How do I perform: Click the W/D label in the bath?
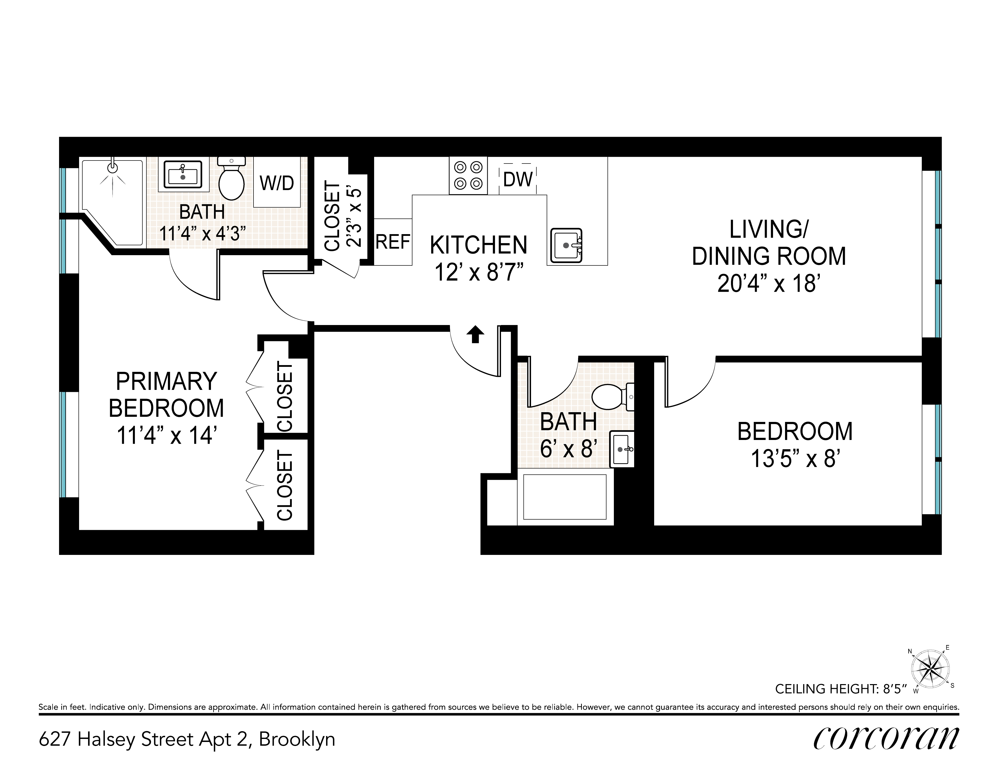click(x=277, y=183)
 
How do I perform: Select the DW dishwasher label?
click(x=518, y=179)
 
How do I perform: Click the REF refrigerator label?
click(x=393, y=242)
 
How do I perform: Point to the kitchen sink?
click(x=567, y=245)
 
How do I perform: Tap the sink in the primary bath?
click(x=183, y=174)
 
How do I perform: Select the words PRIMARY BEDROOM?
click(x=166, y=394)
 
